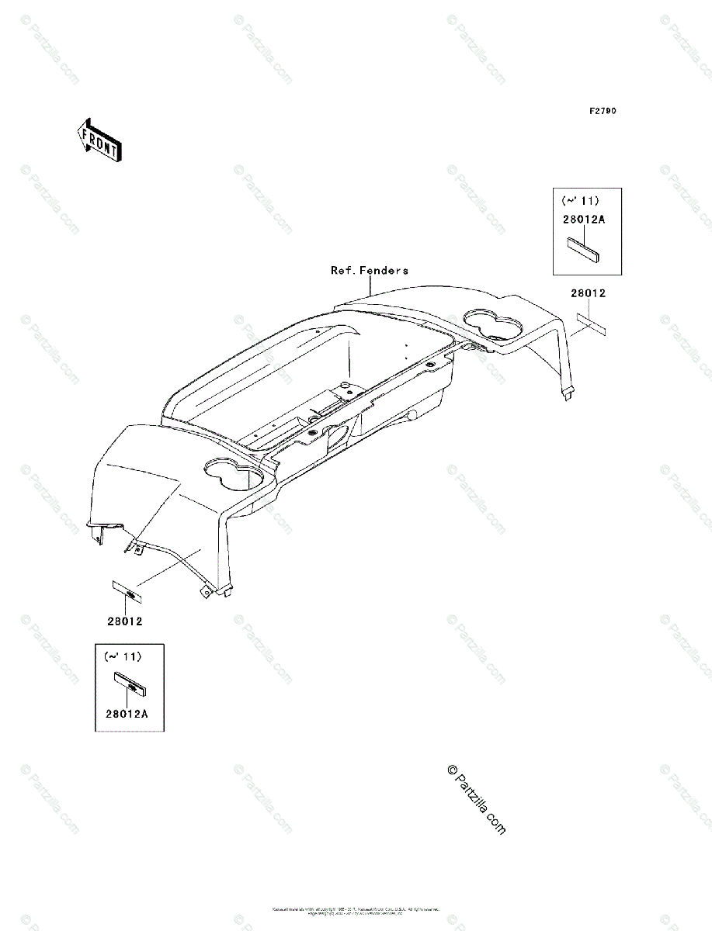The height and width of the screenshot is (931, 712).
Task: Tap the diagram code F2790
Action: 602,112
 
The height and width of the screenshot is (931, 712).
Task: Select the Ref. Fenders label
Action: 369,271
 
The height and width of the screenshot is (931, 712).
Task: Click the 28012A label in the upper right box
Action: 584,220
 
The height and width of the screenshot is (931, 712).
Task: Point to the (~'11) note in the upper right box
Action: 581,201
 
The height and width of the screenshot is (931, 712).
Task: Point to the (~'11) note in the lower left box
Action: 123,656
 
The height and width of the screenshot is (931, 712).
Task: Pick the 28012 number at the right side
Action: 588,293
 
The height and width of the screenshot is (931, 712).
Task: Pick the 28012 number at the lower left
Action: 124,621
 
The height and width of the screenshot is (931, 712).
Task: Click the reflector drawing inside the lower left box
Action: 130,684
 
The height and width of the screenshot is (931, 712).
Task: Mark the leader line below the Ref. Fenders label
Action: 371,285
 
